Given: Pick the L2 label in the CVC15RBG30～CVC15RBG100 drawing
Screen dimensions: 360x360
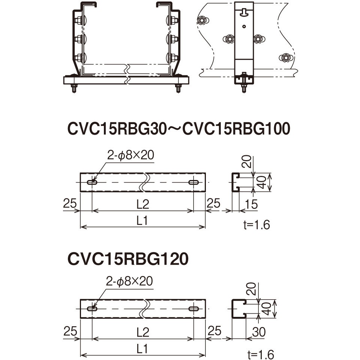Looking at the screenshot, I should click(x=142, y=204).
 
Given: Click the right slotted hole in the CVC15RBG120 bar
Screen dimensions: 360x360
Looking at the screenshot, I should click(x=194, y=309).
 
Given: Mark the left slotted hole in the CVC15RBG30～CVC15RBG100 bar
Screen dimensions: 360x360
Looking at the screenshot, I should click(x=92, y=182).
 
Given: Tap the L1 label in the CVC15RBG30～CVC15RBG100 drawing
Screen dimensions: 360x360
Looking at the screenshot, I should click(x=142, y=221).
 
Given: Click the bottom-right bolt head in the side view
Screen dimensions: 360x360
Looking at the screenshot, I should click(x=285, y=57).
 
